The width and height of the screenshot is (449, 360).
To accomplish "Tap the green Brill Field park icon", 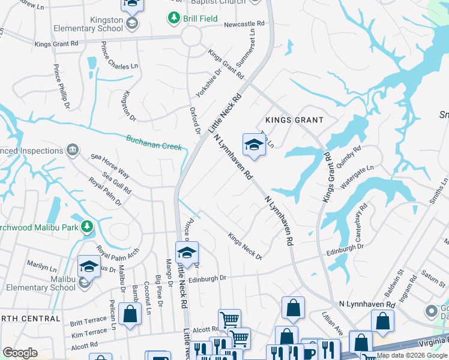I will (x=174, y=18).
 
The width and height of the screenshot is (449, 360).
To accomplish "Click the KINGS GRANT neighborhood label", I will (x=294, y=120).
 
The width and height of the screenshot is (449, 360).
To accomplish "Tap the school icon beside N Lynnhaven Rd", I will (x=254, y=145).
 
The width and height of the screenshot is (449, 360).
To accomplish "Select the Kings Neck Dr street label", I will (x=245, y=246).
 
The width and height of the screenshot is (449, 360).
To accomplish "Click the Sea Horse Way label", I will (x=110, y=166).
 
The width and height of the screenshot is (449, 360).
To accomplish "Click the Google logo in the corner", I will (x=20, y=353).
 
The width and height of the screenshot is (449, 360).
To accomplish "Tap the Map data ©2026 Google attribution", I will (x=412, y=356).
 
